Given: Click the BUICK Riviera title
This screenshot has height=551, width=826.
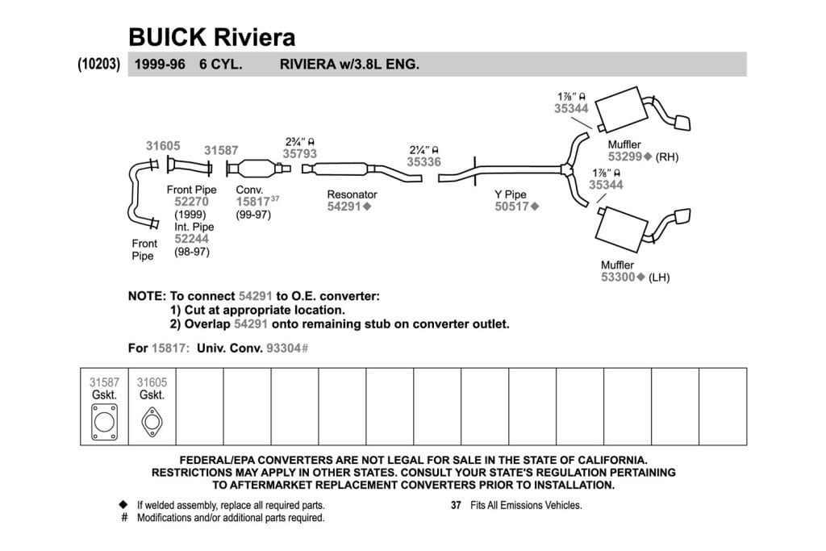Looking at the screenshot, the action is (212, 37).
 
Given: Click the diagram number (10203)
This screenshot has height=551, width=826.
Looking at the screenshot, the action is (99, 65).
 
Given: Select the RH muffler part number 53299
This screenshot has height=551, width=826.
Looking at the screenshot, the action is (625, 157).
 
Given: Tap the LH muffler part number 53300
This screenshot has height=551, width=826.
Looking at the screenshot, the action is (618, 277).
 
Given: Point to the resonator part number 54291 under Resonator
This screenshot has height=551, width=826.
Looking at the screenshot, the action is (344, 207).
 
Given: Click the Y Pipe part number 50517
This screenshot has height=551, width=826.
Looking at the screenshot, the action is (511, 207).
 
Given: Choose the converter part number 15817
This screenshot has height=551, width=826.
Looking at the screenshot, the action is (252, 202).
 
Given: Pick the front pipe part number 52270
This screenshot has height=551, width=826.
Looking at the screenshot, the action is (191, 202).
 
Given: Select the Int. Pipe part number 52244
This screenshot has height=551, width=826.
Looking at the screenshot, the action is (191, 239).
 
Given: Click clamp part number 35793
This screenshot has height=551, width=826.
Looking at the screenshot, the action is (300, 153).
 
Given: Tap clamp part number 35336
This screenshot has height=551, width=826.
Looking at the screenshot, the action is (423, 161).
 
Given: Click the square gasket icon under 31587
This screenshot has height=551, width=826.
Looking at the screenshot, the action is (104, 422).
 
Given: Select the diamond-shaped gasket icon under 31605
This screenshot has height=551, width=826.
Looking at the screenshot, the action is (152, 423).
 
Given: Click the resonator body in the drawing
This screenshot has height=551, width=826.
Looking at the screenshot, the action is (340, 169).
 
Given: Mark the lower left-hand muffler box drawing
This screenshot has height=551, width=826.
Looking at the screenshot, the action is (620, 230).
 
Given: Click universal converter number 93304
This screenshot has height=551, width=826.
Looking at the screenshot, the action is (284, 349).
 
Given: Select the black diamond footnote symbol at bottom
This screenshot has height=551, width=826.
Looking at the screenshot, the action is (123, 505).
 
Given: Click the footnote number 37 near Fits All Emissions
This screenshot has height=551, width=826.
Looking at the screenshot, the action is (457, 505).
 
